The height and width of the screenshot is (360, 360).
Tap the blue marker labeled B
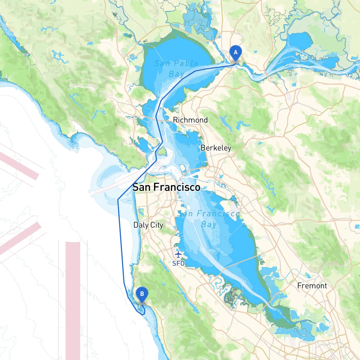(142, 294)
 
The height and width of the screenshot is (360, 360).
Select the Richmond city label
(190, 120)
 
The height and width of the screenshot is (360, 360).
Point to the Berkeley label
(216, 148)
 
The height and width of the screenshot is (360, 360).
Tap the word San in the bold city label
(141, 187)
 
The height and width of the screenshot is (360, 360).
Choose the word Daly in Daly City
(141, 225)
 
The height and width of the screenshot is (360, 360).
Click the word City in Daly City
(157, 225)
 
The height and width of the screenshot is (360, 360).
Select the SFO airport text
(178, 264)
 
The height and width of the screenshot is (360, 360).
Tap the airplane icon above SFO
(178, 255)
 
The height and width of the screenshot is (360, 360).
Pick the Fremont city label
(312, 286)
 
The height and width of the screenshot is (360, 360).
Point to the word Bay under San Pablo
(176, 74)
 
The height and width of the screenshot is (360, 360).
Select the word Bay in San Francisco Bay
(209, 224)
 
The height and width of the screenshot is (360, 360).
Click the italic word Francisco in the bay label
(218, 214)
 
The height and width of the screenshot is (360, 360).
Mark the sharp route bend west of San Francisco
(118, 199)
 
